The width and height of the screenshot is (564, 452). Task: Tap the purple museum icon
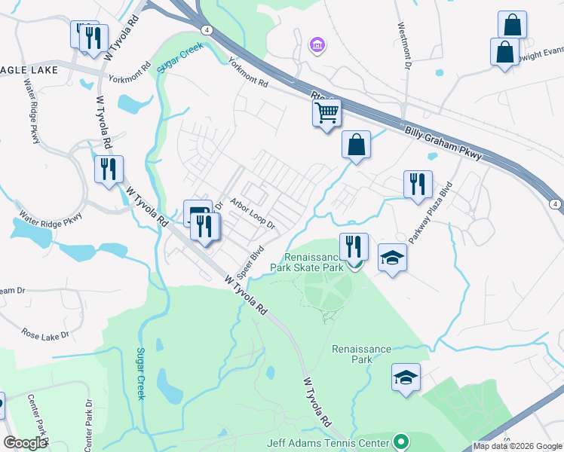(x=317, y=47)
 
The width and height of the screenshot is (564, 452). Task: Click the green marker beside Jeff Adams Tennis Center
(x=401, y=442)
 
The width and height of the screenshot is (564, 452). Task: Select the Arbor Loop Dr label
(x=253, y=214)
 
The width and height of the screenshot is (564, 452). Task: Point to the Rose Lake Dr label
(x=45, y=333)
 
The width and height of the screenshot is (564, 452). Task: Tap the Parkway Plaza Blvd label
(x=428, y=213)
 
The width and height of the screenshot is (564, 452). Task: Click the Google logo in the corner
(x=25, y=443)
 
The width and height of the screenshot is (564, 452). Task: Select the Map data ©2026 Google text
(x=517, y=446)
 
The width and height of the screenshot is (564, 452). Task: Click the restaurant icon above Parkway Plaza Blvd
(x=417, y=184)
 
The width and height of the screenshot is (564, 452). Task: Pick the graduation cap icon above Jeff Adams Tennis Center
(x=406, y=377)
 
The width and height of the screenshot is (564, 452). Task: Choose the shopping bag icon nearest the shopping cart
(x=356, y=145)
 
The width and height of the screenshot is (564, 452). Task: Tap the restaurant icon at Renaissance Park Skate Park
(x=353, y=246)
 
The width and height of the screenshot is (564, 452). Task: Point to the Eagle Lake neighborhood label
(x=23, y=67)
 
